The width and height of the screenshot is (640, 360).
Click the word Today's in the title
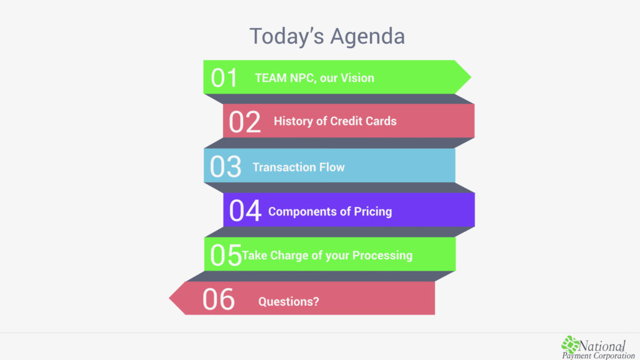click(x=286, y=36)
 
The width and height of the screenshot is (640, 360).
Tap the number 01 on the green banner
click(x=224, y=77)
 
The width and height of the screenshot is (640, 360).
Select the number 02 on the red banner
click(x=244, y=122)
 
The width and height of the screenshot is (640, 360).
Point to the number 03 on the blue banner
click(x=225, y=166)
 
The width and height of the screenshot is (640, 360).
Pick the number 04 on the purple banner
click(x=245, y=211)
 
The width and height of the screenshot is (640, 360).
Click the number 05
click(x=226, y=255)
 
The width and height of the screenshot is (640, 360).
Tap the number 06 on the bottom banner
click(x=218, y=299)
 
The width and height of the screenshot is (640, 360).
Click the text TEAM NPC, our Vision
click(x=314, y=78)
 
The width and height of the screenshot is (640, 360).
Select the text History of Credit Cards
click(x=335, y=121)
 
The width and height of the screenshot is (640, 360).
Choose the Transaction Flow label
click(x=298, y=167)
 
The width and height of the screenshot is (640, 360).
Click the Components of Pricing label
click(x=330, y=211)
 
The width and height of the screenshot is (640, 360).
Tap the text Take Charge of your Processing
click(x=327, y=256)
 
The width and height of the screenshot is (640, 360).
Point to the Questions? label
click(x=289, y=302)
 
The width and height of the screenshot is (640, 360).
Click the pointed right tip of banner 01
click(x=471, y=77)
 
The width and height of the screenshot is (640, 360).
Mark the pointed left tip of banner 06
click(x=170, y=298)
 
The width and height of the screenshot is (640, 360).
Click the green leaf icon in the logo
click(x=570, y=344)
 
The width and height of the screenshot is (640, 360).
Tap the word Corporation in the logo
click(x=611, y=356)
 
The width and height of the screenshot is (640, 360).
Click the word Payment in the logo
click(x=574, y=356)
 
